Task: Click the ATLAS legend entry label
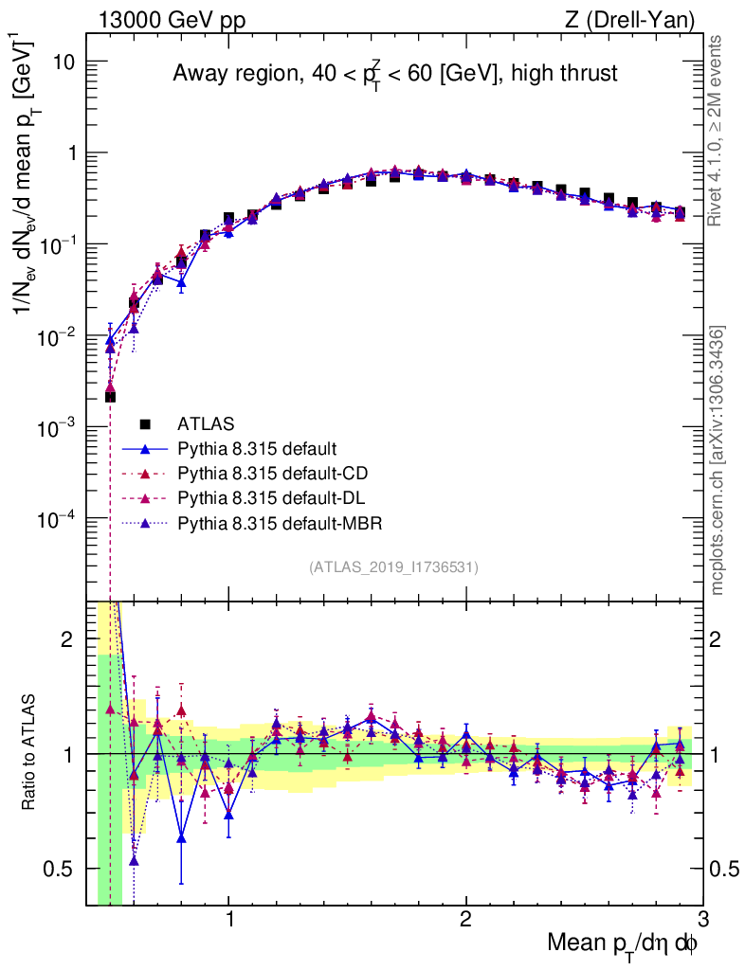click(x=208, y=423)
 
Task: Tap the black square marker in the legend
click(x=144, y=423)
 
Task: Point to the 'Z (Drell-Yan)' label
click(x=641, y=19)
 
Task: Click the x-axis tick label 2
click(x=465, y=920)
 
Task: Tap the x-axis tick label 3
click(x=701, y=920)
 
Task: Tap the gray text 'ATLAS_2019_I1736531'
click(x=393, y=567)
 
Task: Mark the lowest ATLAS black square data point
click(x=110, y=396)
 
